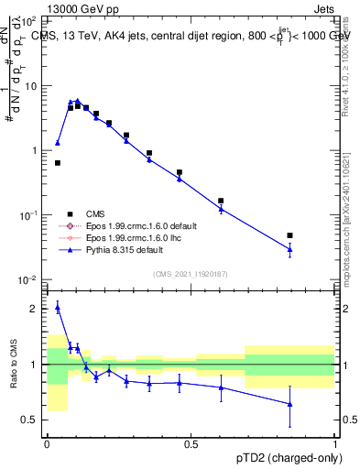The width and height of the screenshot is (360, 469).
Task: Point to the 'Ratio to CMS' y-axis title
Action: (x=12, y=364)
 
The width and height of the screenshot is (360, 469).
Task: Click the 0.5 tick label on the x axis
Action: (x=191, y=443)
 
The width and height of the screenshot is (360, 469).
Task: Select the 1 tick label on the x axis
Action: (x=334, y=443)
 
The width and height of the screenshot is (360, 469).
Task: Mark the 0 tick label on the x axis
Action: (x=47, y=443)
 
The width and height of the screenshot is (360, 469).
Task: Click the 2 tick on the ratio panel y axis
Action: (x=35, y=309)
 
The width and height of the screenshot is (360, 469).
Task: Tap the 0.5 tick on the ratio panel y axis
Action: (x=32, y=420)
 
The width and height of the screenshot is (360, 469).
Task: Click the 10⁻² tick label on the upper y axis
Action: (x=28, y=279)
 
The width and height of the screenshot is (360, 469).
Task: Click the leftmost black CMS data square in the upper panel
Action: (x=58, y=163)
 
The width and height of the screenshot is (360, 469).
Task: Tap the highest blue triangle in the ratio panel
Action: (x=58, y=309)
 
